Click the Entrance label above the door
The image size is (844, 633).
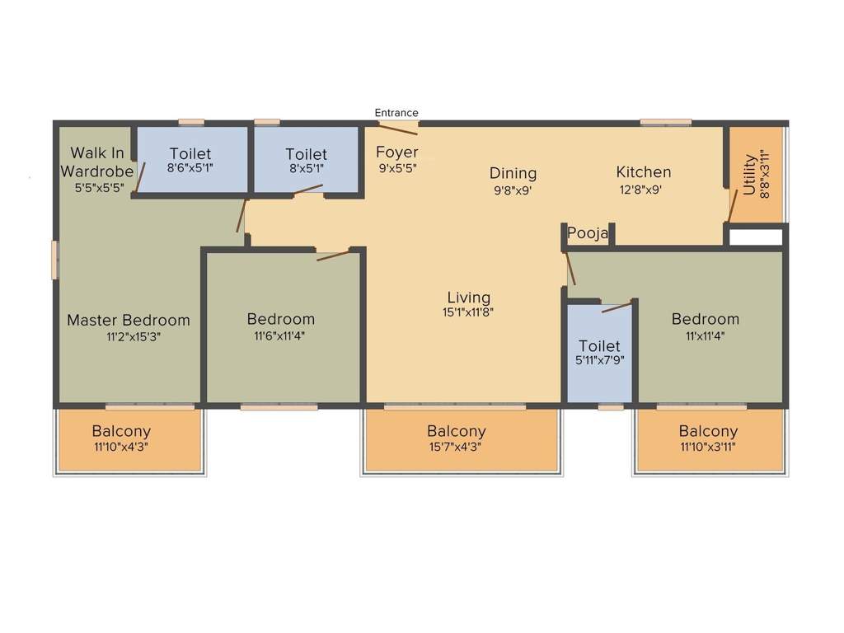396,113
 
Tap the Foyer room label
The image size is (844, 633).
397,152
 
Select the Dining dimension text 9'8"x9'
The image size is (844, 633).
513,189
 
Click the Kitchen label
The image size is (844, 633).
644,172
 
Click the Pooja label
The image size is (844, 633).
588,234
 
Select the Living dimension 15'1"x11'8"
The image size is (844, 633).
468,312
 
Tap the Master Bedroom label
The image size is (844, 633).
128,320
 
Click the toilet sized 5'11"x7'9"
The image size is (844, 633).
599,353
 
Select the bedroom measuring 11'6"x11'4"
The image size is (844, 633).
280,326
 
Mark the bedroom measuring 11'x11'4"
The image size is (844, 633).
705,326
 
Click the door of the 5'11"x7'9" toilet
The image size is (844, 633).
617,307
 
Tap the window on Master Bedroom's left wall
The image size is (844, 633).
55,259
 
